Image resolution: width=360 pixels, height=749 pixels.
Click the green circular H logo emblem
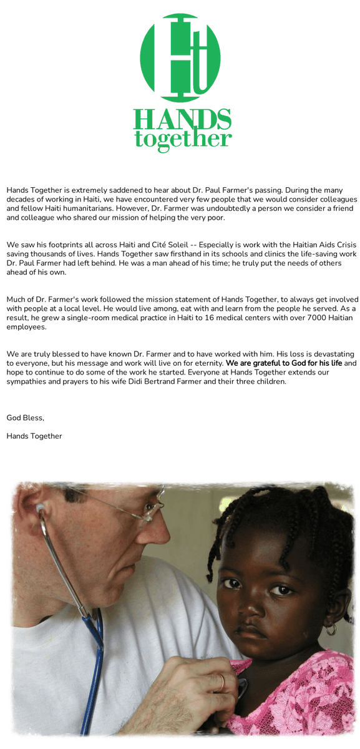coord(180,57)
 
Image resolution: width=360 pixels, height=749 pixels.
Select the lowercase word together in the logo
coord(183,139)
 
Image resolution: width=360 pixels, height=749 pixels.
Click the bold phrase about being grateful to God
coord(284,363)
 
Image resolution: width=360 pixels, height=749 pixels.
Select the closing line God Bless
coord(26,418)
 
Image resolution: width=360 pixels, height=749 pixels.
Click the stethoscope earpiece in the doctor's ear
coord(41,510)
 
